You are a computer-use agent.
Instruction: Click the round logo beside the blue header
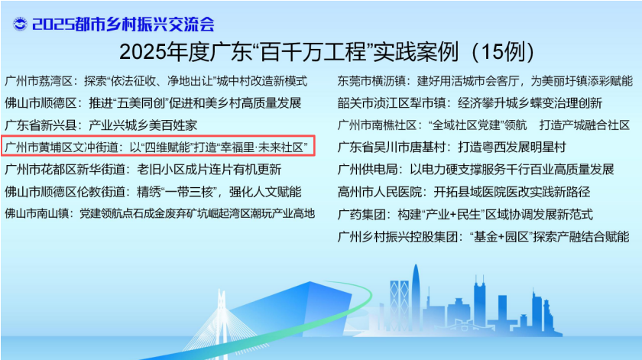(20, 24)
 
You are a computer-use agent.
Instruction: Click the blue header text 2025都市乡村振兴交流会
(123, 24)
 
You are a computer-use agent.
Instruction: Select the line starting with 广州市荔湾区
(156, 81)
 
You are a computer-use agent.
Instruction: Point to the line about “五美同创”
(153, 102)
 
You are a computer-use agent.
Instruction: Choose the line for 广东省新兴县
(101, 125)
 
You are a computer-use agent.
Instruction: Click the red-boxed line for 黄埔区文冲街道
(157, 147)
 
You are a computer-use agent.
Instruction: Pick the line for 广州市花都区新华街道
(143, 169)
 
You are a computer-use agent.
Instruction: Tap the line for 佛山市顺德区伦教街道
(153, 191)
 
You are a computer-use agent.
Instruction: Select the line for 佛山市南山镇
(160, 213)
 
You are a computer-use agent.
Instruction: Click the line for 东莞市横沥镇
(485, 81)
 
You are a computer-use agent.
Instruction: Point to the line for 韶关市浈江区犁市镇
(470, 102)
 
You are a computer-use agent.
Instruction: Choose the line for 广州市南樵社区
(484, 125)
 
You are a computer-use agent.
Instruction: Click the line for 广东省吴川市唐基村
(452, 147)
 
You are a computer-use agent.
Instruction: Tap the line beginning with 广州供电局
(475, 169)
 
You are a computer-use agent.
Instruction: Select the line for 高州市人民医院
(464, 191)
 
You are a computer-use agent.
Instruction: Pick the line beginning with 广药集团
(465, 214)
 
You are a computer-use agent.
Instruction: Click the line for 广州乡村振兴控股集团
(483, 236)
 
